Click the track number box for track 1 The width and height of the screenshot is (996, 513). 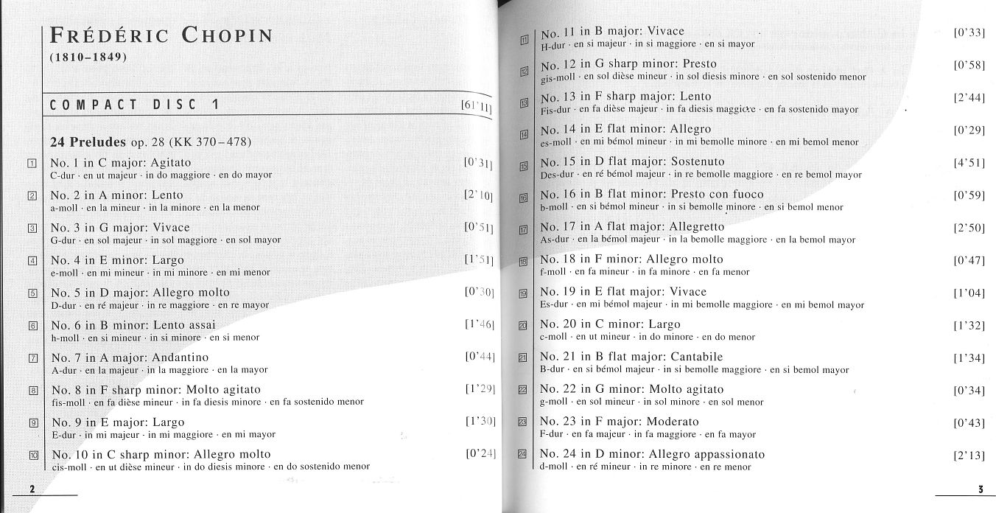pos(32,163)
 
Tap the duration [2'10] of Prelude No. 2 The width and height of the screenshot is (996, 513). pos(479,195)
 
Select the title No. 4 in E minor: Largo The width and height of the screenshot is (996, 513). pos(117,260)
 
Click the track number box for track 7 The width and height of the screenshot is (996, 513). pos(32,358)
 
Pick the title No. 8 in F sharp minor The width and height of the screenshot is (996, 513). pos(155,389)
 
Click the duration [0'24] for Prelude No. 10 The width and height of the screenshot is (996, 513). pos(480,453)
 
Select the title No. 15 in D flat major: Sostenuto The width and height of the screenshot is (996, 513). pos(632,161)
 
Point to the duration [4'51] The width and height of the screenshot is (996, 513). pos(969,162)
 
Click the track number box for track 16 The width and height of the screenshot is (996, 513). pos(525,198)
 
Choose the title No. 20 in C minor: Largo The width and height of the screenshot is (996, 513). pos(610,324)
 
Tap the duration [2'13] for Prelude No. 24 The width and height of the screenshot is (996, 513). pos(969,456)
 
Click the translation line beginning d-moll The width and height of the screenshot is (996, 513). pos(645,467)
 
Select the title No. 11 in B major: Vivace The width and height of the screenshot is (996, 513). pos(612,32)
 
